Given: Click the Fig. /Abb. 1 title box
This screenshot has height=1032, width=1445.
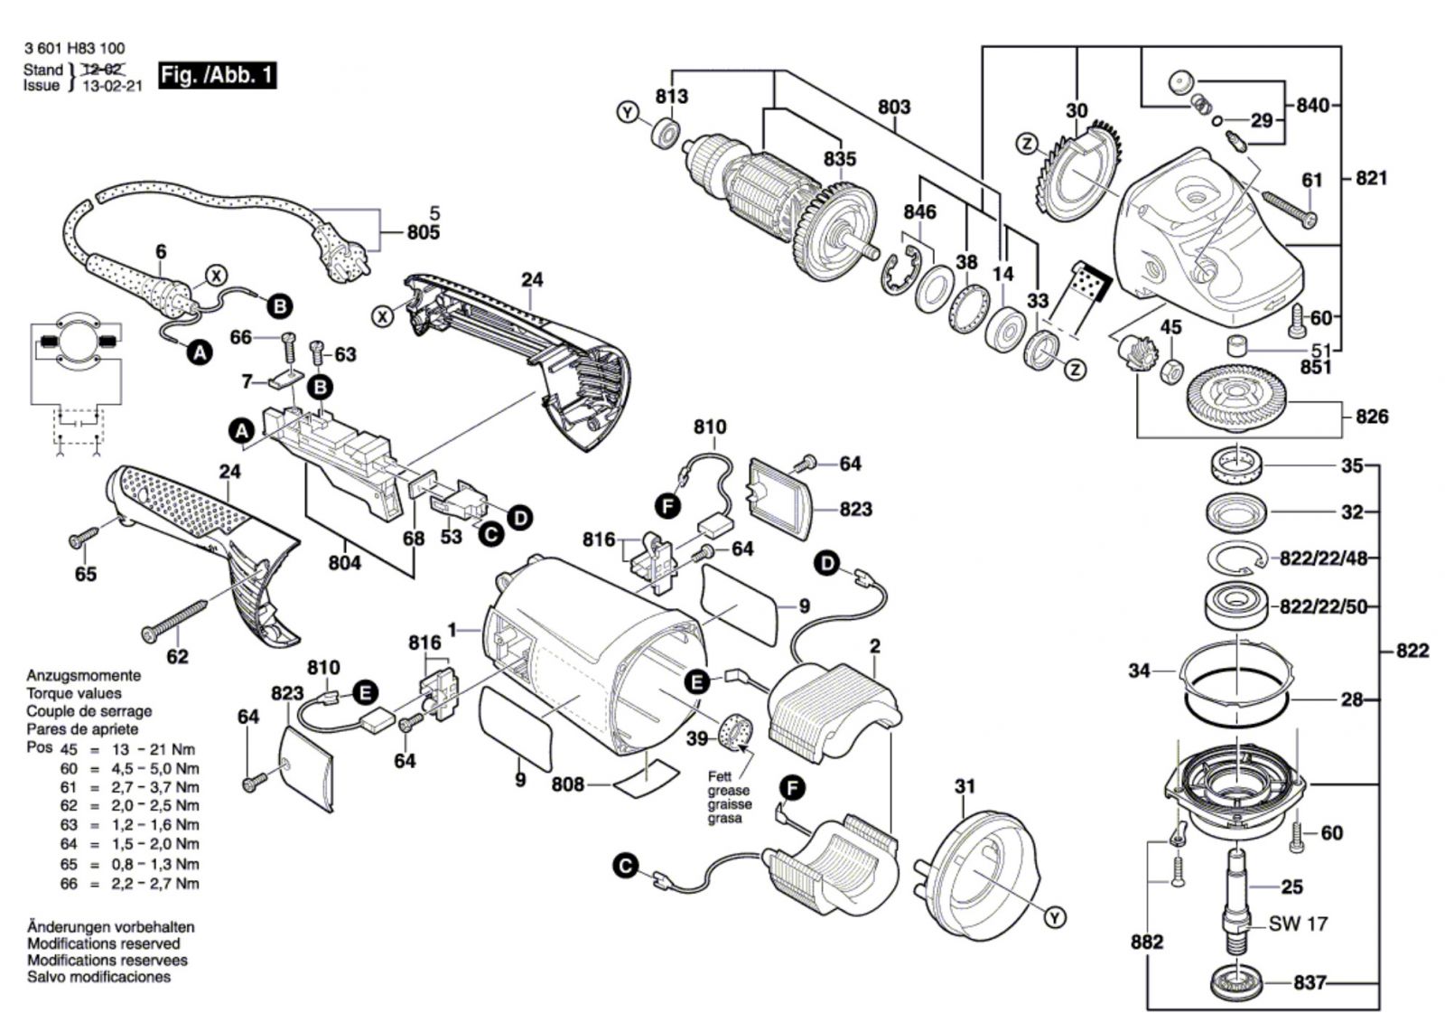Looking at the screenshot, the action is click(218, 75).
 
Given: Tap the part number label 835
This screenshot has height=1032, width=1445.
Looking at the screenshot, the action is click(840, 158).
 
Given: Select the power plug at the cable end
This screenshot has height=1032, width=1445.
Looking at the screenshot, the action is click(337, 255).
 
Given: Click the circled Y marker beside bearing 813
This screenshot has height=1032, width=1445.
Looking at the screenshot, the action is click(627, 112).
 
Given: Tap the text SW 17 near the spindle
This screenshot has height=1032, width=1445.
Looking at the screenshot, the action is click(1298, 924).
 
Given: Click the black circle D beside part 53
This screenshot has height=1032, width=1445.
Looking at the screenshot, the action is click(520, 518).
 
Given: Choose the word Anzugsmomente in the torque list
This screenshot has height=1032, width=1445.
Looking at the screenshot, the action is click(83, 676).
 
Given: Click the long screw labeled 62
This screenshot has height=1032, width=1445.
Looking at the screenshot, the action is click(175, 621).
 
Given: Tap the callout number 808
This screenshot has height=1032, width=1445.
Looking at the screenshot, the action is click(568, 784).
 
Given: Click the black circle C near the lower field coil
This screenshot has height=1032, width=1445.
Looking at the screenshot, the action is click(625, 866).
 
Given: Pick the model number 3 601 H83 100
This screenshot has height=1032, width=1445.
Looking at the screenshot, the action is click(74, 49).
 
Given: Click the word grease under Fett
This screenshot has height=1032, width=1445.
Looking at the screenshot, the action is click(729, 791).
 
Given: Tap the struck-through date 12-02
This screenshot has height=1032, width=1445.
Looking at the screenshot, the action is click(103, 68).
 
